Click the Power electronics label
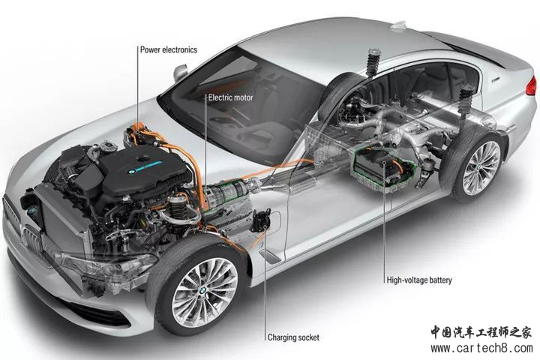click(169, 49)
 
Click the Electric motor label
click(231, 97)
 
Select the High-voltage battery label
click(419, 280)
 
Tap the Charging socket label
click(293, 337)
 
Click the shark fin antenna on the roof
click(400, 26)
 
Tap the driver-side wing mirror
click(181, 72)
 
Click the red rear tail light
click(532, 85)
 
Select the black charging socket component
click(261, 220)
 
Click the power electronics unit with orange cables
click(142, 136)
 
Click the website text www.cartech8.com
click(481, 349)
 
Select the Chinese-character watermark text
click(481, 332)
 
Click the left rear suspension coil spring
click(373, 62)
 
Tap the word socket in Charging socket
click(307, 337)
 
